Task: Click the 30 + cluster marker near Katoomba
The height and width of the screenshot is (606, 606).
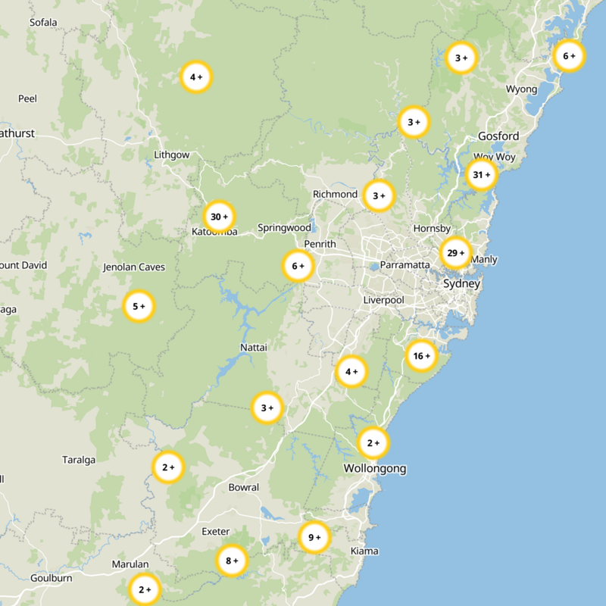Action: click(x=219, y=217)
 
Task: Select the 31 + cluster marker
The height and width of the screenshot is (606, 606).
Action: click(x=482, y=175)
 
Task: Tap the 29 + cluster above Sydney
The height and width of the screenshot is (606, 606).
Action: click(x=456, y=253)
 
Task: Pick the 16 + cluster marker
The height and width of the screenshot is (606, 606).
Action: click(x=421, y=355)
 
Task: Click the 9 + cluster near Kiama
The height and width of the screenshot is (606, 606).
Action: click(x=314, y=538)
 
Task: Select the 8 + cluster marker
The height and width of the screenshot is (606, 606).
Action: click(x=232, y=561)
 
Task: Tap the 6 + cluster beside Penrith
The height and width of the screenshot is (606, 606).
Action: click(x=298, y=266)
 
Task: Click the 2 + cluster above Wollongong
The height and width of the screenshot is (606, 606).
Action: click(x=373, y=442)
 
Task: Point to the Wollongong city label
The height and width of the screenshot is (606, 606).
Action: click(x=375, y=468)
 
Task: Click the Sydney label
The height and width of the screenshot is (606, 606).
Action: click(x=461, y=283)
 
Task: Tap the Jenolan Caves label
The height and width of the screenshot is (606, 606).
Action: click(x=133, y=267)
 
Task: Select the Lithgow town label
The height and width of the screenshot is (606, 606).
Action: click(x=171, y=155)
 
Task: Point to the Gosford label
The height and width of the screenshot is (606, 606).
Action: click(x=498, y=136)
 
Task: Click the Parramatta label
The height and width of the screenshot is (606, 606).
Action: click(x=405, y=264)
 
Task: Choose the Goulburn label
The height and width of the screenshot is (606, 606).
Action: click(x=51, y=578)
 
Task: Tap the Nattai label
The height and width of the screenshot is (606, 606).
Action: click(x=252, y=346)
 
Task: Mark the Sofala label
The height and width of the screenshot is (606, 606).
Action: click(x=43, y=22)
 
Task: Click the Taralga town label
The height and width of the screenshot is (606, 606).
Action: click(x=79, y=460)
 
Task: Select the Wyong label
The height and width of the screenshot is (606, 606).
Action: click(x=521, y=89)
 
